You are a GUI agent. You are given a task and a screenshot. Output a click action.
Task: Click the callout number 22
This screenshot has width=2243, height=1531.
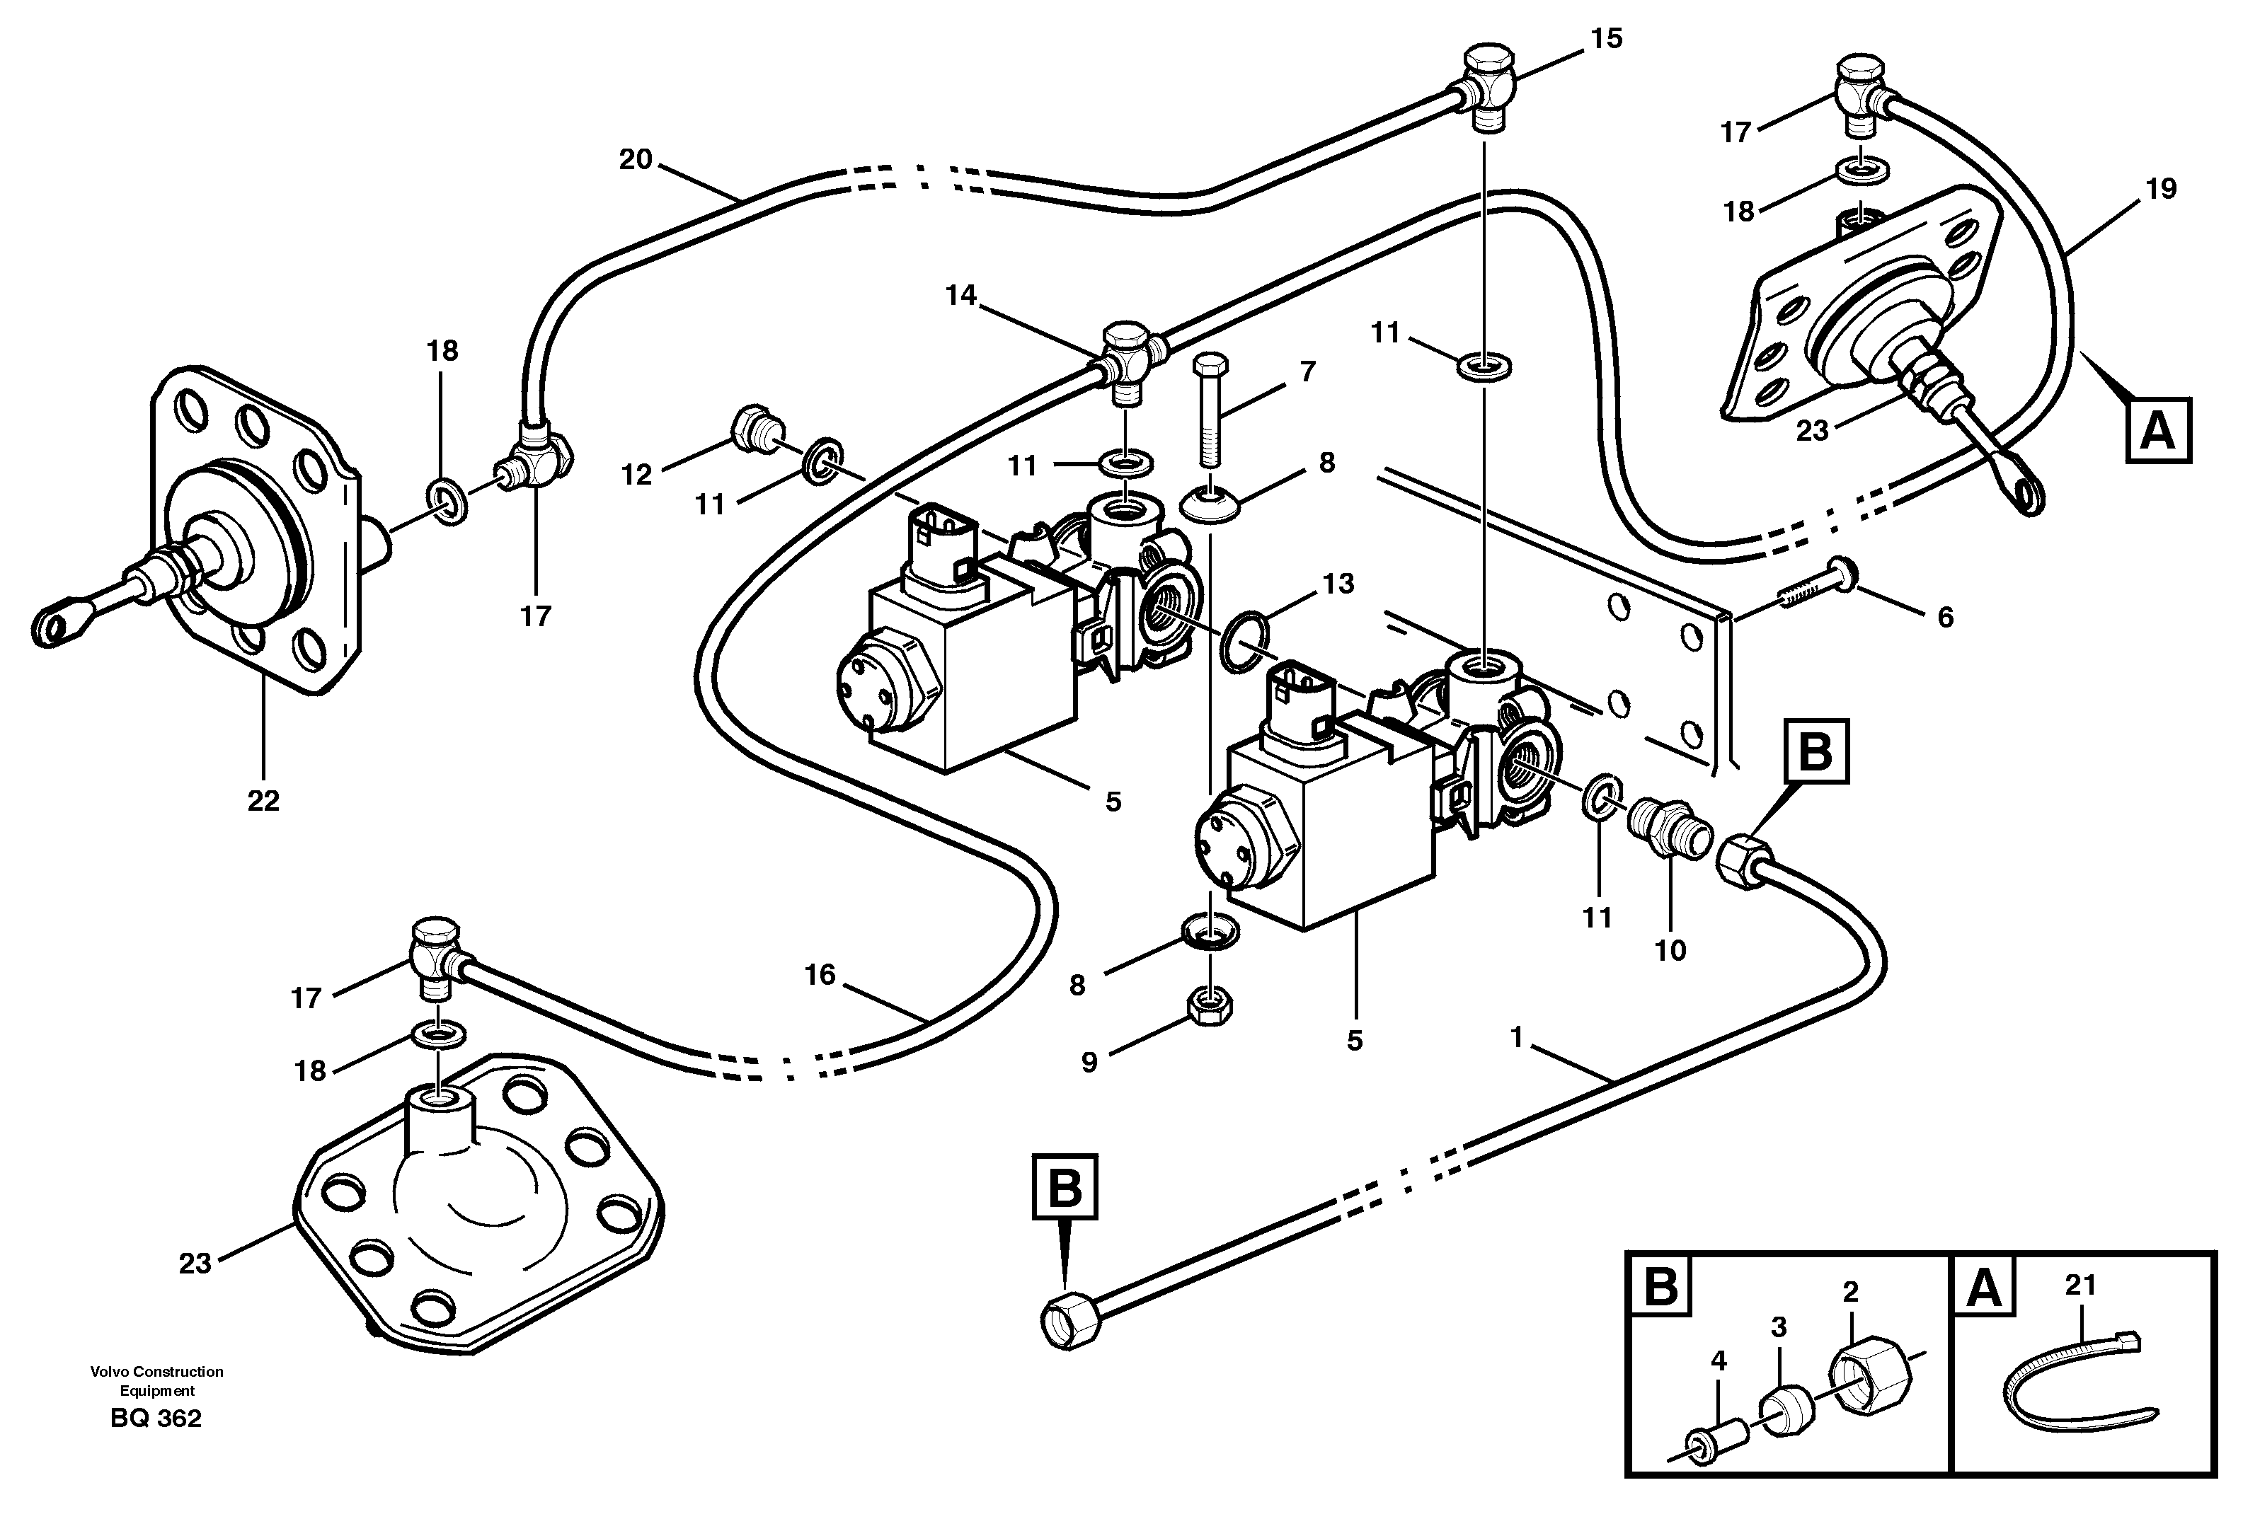pyautogui.click(x=263, y=801)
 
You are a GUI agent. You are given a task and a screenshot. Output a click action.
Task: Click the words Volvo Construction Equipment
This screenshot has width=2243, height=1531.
pyautogui.click(x=156, y=1380)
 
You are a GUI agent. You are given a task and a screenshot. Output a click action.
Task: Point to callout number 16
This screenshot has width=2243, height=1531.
pyautogui.click(x=820, y=976)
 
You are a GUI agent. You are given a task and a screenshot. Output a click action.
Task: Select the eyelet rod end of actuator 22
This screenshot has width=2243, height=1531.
pyautogui.click(x=56, y=626)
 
